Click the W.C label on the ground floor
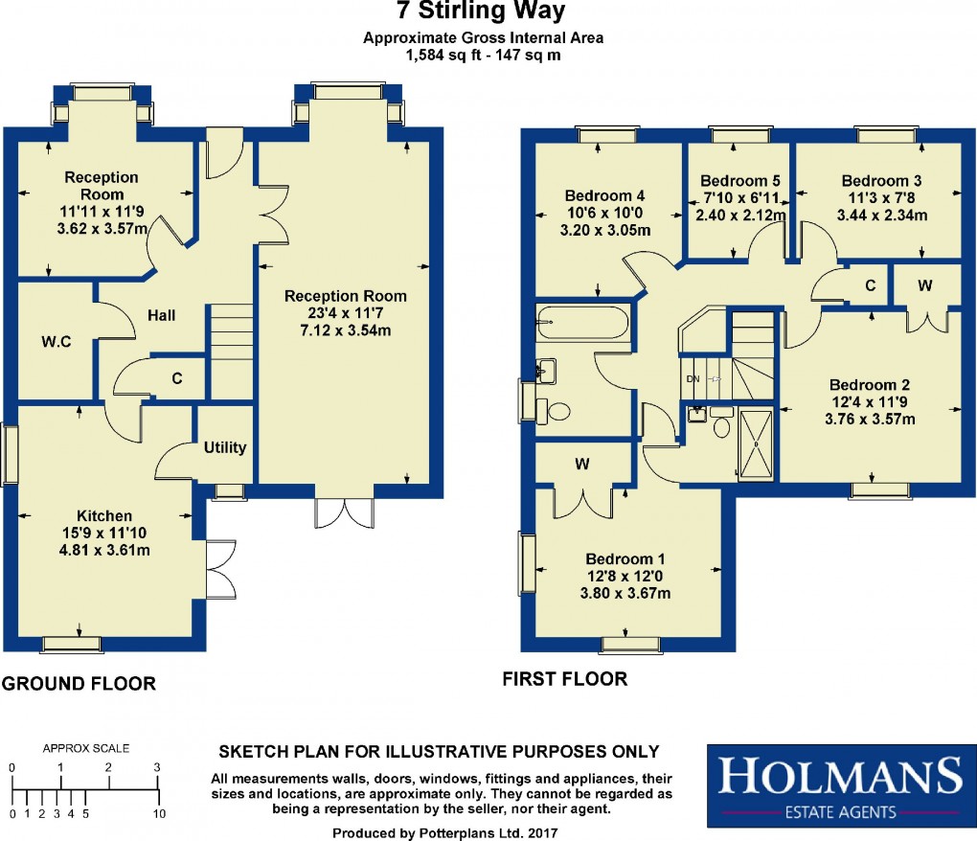(57, 341)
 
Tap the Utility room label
(225, 447)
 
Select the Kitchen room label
(104, 516)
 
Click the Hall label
(161, 315)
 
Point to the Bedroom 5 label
(740, 181)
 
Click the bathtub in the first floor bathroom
(582, 322)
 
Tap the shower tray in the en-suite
(755, 443)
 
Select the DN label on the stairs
(693, 378)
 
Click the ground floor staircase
(229, 352)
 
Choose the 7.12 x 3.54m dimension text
(345, 330)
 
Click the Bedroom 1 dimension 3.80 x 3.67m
(625, 593)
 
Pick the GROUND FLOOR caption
(79, 683)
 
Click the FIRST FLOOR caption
(565, 678)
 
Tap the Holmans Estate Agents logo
(841, 784)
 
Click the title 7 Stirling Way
(481, 11)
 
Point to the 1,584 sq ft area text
(443, 55)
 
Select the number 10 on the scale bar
(160, 813)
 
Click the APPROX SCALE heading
(86, 748)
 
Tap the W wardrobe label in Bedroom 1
(582, 464)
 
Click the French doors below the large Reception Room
(345, 513)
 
